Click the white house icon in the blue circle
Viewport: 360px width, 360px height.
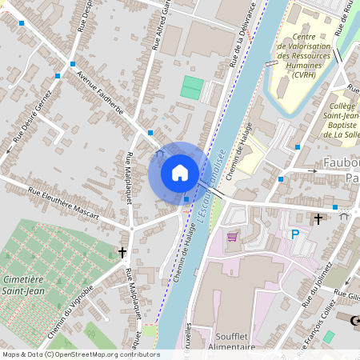(x=179, y=172)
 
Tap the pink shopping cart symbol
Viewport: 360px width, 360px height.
(x=232, y=237)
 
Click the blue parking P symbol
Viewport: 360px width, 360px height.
(x=295, y=234)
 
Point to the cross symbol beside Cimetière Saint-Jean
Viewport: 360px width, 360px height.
(x=122, y=252)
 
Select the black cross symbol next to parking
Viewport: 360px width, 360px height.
(x=318, y=218)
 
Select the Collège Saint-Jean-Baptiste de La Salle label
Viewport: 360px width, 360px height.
(x=342, y=120)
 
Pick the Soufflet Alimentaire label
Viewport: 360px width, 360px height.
(x=235, y=342)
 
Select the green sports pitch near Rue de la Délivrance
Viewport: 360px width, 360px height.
(x=191, y=86)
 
